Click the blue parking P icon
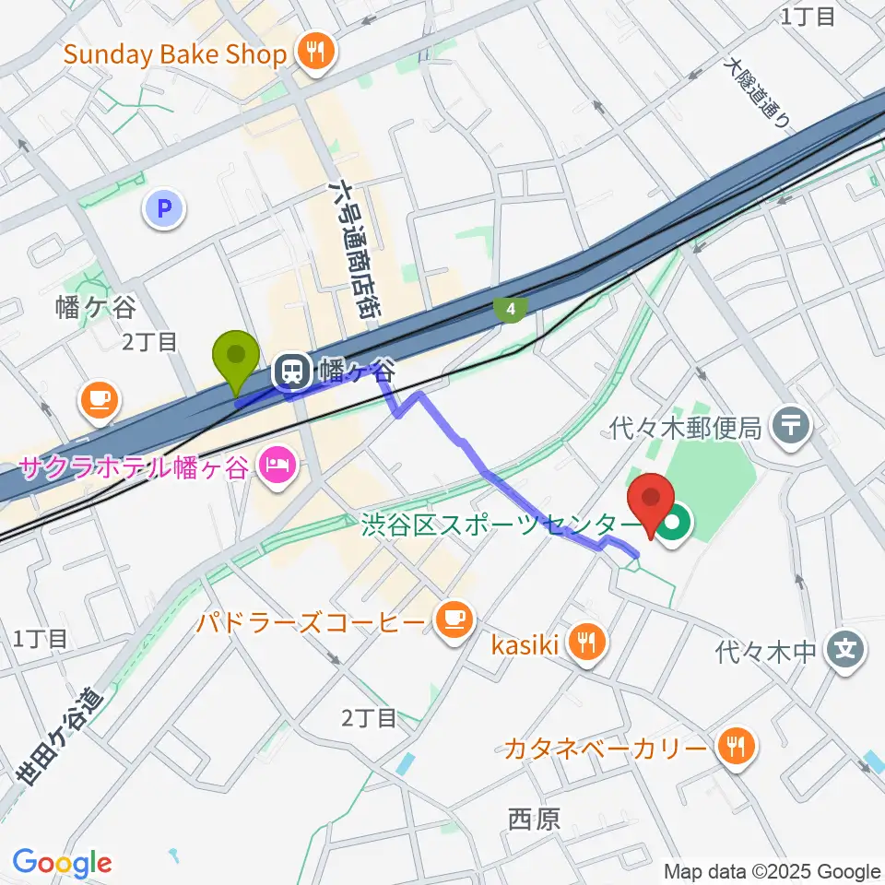click(x=165, y=210)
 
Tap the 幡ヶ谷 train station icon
click(x=292, y=372)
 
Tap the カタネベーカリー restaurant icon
click(x=736, y=747)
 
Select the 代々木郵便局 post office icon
click(x=791, y=425)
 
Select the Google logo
click(x=62, y=864)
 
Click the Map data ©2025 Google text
click(x=773, y=871)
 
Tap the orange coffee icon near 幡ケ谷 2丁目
click(x=100, y=399)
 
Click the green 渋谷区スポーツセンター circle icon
click(x=674, y=525)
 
